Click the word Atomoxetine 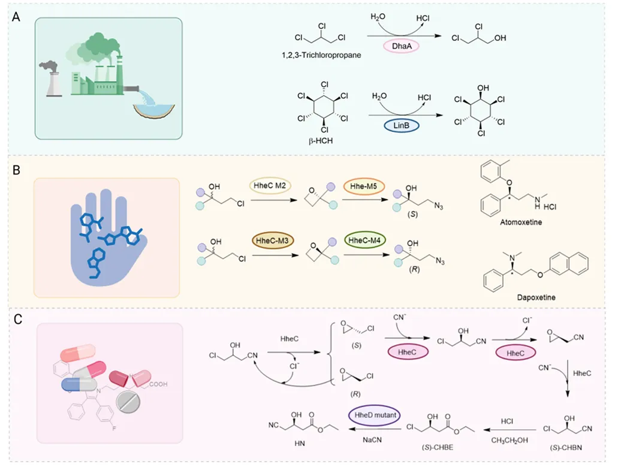[x=515, y=221]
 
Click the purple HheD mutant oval [x=375, y=415]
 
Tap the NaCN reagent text [x=375, y=438]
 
